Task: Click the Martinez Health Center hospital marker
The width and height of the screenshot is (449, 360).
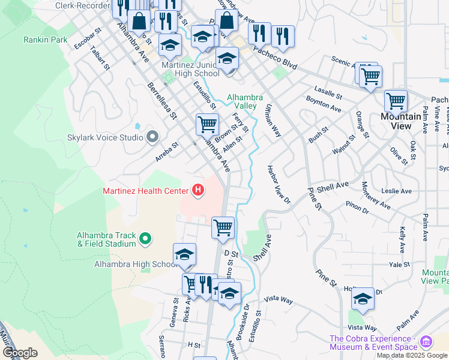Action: click(197, 191)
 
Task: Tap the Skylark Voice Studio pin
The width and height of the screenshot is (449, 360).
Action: click(152, 137)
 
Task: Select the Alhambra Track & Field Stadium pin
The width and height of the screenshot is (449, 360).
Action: click(145, 239)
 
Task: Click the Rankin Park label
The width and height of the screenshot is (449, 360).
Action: click(45, 40)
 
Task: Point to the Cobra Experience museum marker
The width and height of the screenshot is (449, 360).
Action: click(427, 342)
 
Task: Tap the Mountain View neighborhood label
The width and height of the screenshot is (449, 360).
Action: click(402, 121)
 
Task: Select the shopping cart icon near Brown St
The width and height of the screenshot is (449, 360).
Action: click(207, 124)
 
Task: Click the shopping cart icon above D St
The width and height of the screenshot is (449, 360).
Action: click(223, 227)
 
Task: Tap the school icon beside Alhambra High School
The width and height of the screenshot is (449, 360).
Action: click(184, 254)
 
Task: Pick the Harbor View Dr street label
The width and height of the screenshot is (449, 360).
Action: click(279, 185)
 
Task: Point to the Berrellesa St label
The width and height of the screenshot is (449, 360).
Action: click(163, 100)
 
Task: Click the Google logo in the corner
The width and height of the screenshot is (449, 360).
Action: click(20, 353)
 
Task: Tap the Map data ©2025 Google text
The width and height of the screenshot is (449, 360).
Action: click(412, 355)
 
